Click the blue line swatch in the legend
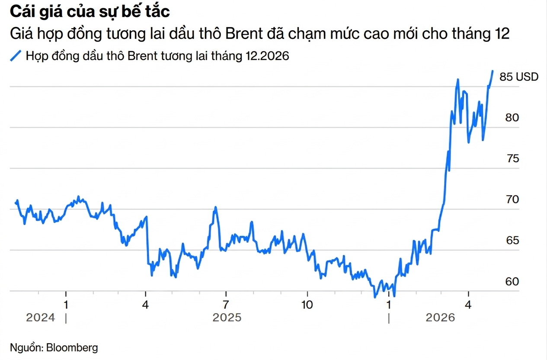pos(16,56)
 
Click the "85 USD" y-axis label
pos(519,77)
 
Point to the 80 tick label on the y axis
pos(512,118)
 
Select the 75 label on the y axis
pos(512,159)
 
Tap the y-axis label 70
pos(512,200)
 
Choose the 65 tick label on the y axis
pos(512,241)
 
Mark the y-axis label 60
pos(512,282)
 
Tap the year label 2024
pos(41,318)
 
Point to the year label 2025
pos(227,318)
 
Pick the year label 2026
pos(440,318)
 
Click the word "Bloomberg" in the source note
pos(72,347)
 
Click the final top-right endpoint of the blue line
pos(493,71)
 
